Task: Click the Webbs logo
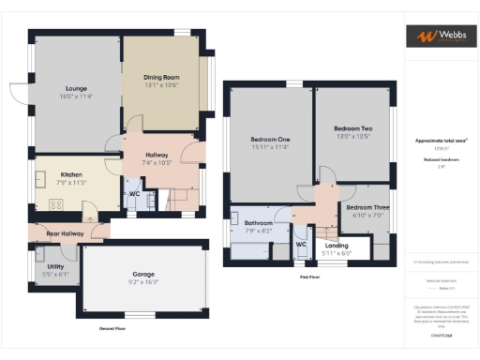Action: pos(440,37)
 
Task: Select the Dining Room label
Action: pos(161,79)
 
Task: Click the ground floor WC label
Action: pos(135,194)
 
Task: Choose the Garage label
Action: pos(143,275)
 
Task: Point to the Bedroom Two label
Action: pos(353,128)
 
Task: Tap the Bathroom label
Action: pos(259,223)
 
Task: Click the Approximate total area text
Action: pos(441,141)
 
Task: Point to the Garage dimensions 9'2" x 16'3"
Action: pos(143,282)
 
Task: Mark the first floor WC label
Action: pos(302,245)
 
